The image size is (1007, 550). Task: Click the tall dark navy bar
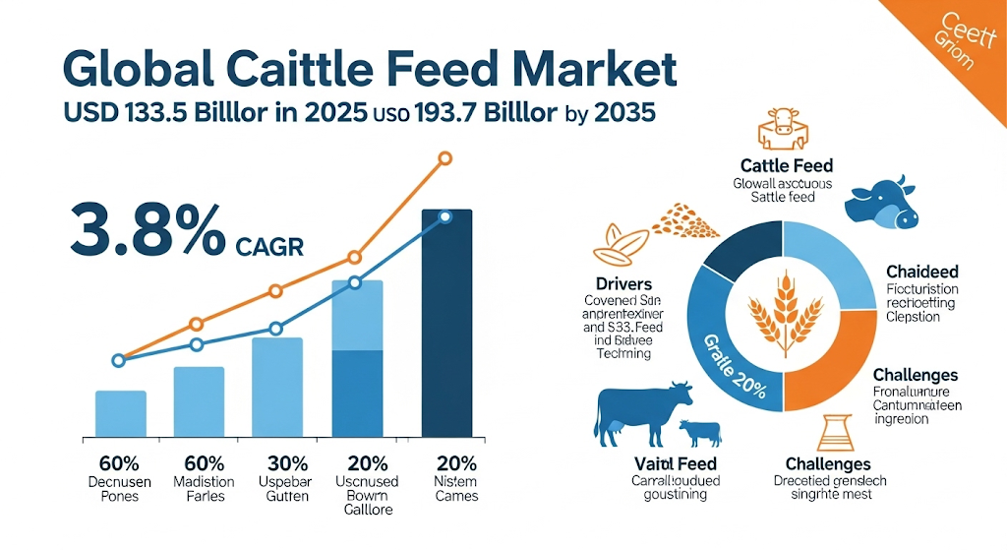coord(446,325)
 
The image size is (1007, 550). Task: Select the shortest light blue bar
coord(121,413)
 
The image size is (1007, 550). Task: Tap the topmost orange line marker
coord(444,158)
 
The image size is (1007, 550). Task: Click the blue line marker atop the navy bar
coord(444,216)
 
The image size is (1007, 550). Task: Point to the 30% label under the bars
coord(283,462)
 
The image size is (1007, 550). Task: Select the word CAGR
coord(270,245)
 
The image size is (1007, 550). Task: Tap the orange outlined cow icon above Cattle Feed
coord(783,129)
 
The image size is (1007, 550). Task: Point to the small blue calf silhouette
coord(699,433)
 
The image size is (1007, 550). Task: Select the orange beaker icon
coord(828,433)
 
